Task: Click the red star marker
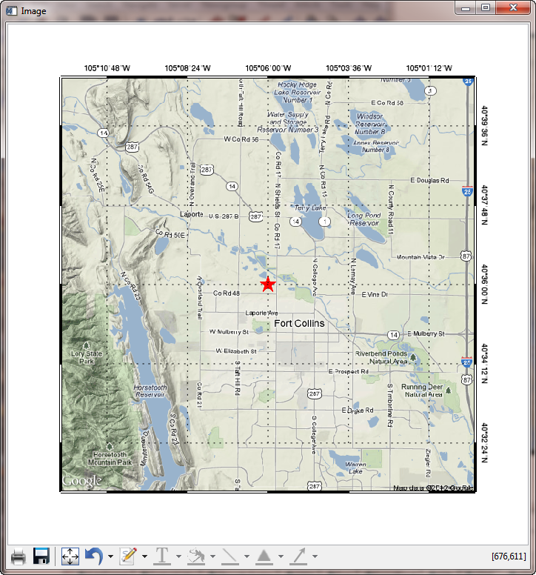268,285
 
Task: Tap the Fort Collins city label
299,324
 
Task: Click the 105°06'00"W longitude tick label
268,68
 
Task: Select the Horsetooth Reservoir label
150,391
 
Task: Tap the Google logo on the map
81,482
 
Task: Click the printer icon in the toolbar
19,556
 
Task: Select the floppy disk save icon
41,556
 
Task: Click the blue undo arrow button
93,556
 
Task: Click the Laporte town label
191,215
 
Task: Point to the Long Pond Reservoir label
364,219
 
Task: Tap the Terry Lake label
310,208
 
